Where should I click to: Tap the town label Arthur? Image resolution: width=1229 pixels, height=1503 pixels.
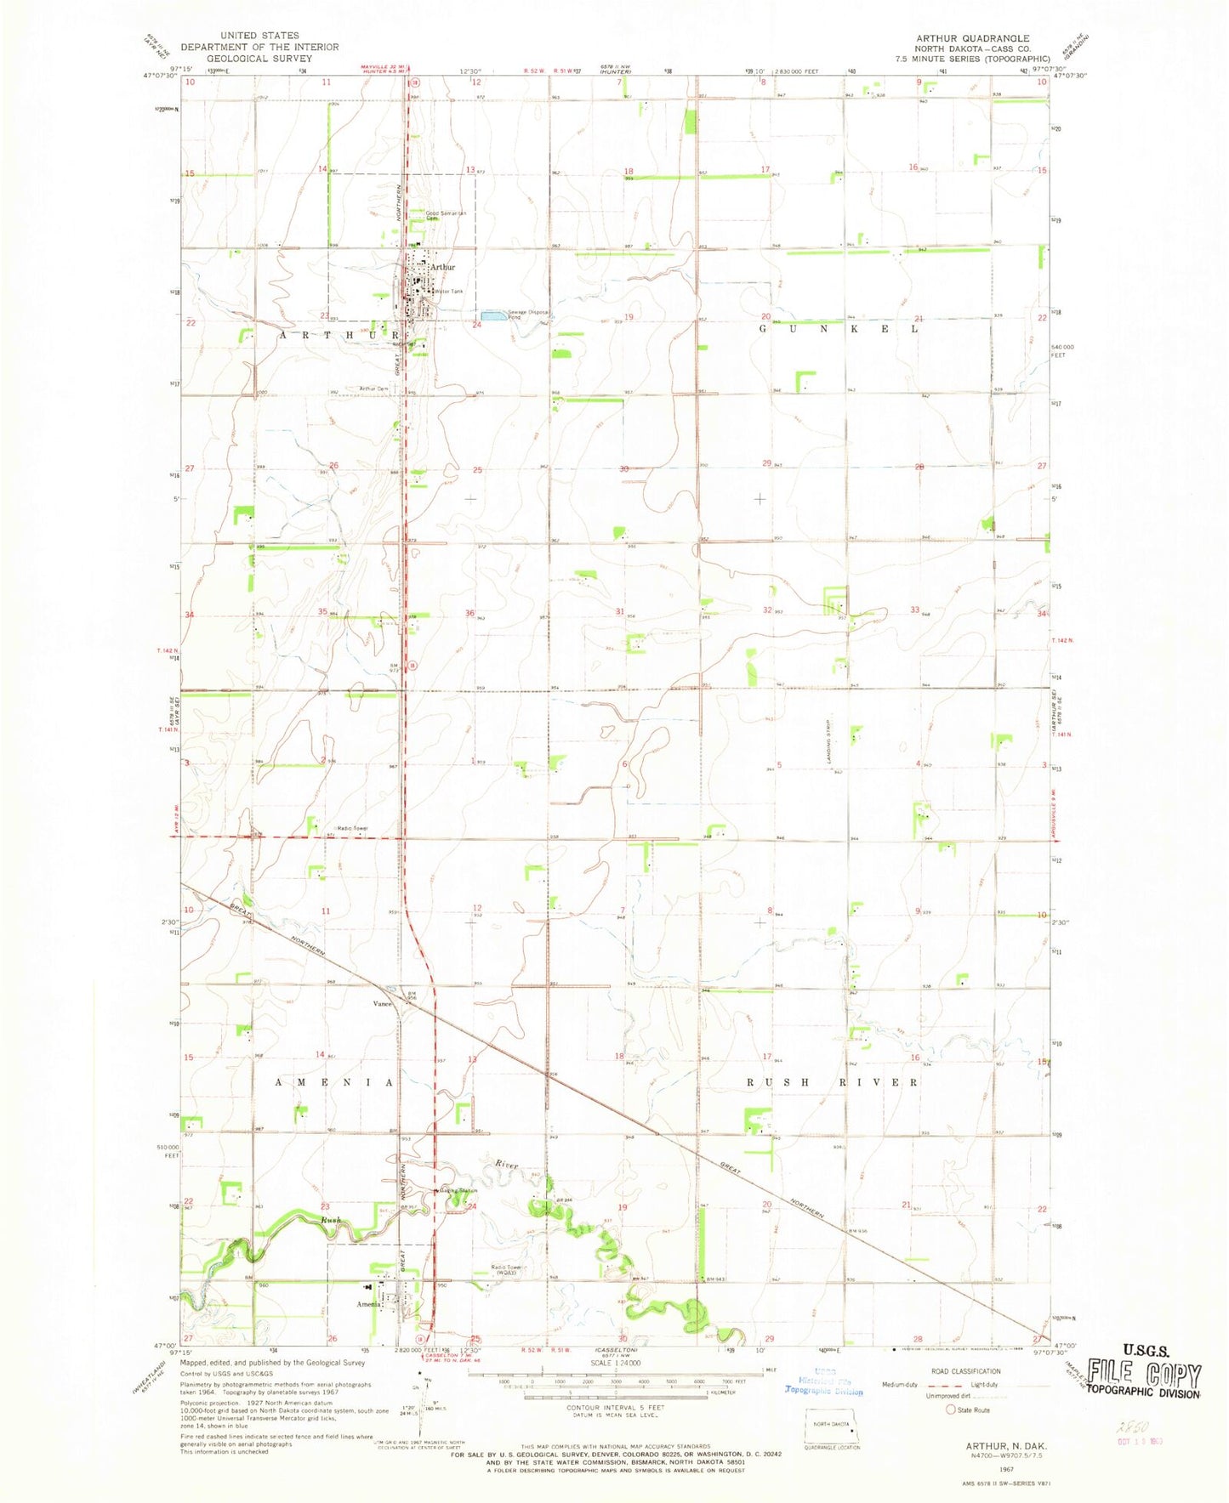click(x=442, y=267)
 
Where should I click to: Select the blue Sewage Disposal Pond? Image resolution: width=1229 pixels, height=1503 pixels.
click(x=491, y=315)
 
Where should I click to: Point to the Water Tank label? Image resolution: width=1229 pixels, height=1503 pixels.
click(x=448, y=292)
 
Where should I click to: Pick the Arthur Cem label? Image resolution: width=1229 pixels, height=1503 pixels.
click(x=373, y=389)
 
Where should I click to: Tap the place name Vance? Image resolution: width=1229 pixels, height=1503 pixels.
click(x=382, y=1003)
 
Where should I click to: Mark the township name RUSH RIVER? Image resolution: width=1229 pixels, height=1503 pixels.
click(x=832, y=1082)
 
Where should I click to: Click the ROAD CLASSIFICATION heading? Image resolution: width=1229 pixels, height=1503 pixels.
click(x=966, y=1371)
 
